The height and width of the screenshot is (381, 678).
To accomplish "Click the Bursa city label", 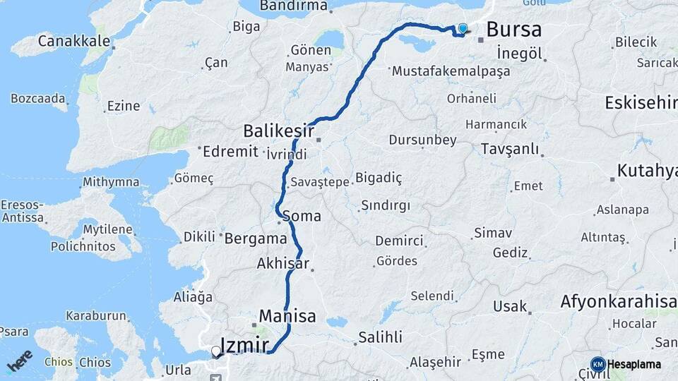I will tap(514, 30).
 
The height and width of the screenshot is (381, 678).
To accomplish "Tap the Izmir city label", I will tap(244, 345).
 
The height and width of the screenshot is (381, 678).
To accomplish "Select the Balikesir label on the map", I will tap(278, 131).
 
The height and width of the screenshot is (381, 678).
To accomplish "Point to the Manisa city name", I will tap(287, 315).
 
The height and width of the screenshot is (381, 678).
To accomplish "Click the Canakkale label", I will tap(74, 41).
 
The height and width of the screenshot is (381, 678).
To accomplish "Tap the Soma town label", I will tap(302, 216).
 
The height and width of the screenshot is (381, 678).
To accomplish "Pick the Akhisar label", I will tap(283, 264).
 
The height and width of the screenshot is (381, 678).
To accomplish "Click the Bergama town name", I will tap(255, 238).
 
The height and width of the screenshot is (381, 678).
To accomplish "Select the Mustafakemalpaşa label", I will tap(441, 71).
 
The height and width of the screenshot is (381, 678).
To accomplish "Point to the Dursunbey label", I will tap(422, 140).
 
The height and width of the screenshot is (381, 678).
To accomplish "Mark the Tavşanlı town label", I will tap(509, 149).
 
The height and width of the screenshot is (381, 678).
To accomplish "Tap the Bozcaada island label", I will tap(38, 97).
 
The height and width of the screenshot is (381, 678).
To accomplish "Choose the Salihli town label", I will tap(380, 337).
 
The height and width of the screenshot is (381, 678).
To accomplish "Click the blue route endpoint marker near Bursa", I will tap(463, 28).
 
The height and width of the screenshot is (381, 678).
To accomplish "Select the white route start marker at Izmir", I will tap(216, 351).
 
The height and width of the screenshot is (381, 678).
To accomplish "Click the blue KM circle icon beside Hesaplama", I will tap(598, 364).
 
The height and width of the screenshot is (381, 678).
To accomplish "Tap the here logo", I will tap(20, 361).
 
